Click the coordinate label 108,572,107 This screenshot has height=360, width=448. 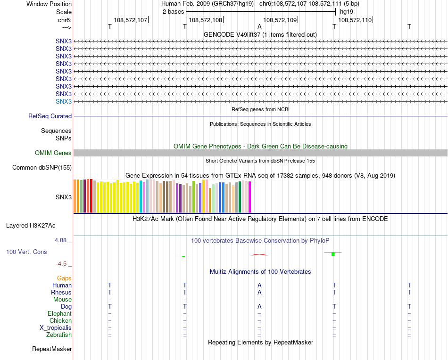coord(131,20)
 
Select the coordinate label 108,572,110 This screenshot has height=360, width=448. coord(355,20)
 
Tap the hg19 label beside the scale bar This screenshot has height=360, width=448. coord(347,11)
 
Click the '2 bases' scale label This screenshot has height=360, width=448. coord(173,11)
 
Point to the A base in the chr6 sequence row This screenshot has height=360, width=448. coord(259,27)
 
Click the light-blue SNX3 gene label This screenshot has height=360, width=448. coord(64,102)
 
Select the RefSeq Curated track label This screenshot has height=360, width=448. coord(50,116)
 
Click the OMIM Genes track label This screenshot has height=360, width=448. coord(53,153)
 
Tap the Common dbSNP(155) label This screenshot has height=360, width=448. coord(42,168)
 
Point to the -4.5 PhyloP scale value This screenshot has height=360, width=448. coord(63,263)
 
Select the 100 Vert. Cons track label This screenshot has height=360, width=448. coord(26,252)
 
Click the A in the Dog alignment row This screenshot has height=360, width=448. coord(259,307)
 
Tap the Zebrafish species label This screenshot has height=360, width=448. coord(59,335)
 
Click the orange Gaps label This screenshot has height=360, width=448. coord(64,278)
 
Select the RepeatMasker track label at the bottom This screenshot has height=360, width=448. coord(52,349)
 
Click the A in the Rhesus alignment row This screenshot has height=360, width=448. coord(259,293)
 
